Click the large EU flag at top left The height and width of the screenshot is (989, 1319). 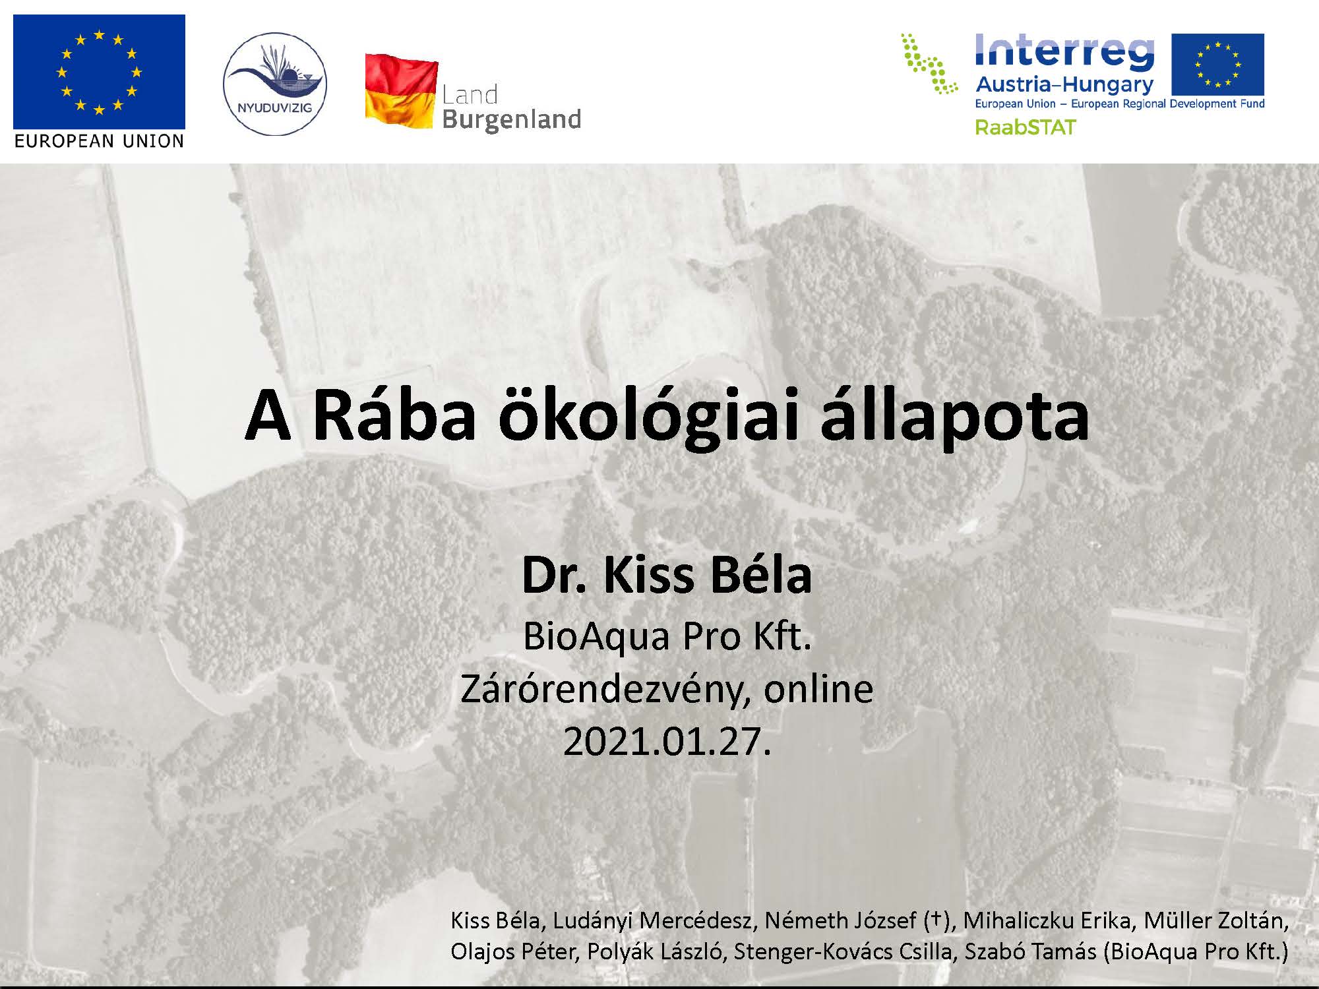coord(99,72)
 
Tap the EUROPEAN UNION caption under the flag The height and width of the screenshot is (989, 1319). coord(99,141)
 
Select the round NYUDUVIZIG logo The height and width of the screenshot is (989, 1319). coord(274,84)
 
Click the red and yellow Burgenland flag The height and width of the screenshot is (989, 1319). coord(402,92)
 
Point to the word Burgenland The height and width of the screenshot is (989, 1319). coord(512,119)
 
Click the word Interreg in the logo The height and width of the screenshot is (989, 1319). coord(1064,51)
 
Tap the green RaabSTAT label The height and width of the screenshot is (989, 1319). coord(1026,127)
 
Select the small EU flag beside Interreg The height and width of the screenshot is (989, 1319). coord(1217,65)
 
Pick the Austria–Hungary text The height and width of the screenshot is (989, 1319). coord(1064,84)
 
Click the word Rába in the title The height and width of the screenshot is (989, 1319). coord(394,416)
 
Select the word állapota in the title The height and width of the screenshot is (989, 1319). coord(955,417)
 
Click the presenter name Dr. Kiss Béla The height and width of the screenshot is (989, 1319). coord(667,575)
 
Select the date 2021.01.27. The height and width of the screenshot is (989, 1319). coord(667,741)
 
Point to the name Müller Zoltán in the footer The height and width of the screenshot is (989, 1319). coord(1215,920)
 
